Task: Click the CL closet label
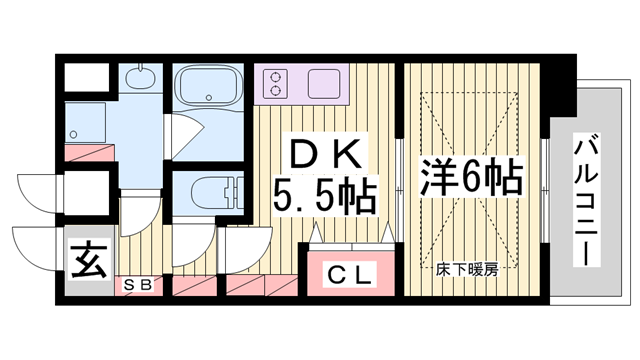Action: point(350,273)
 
